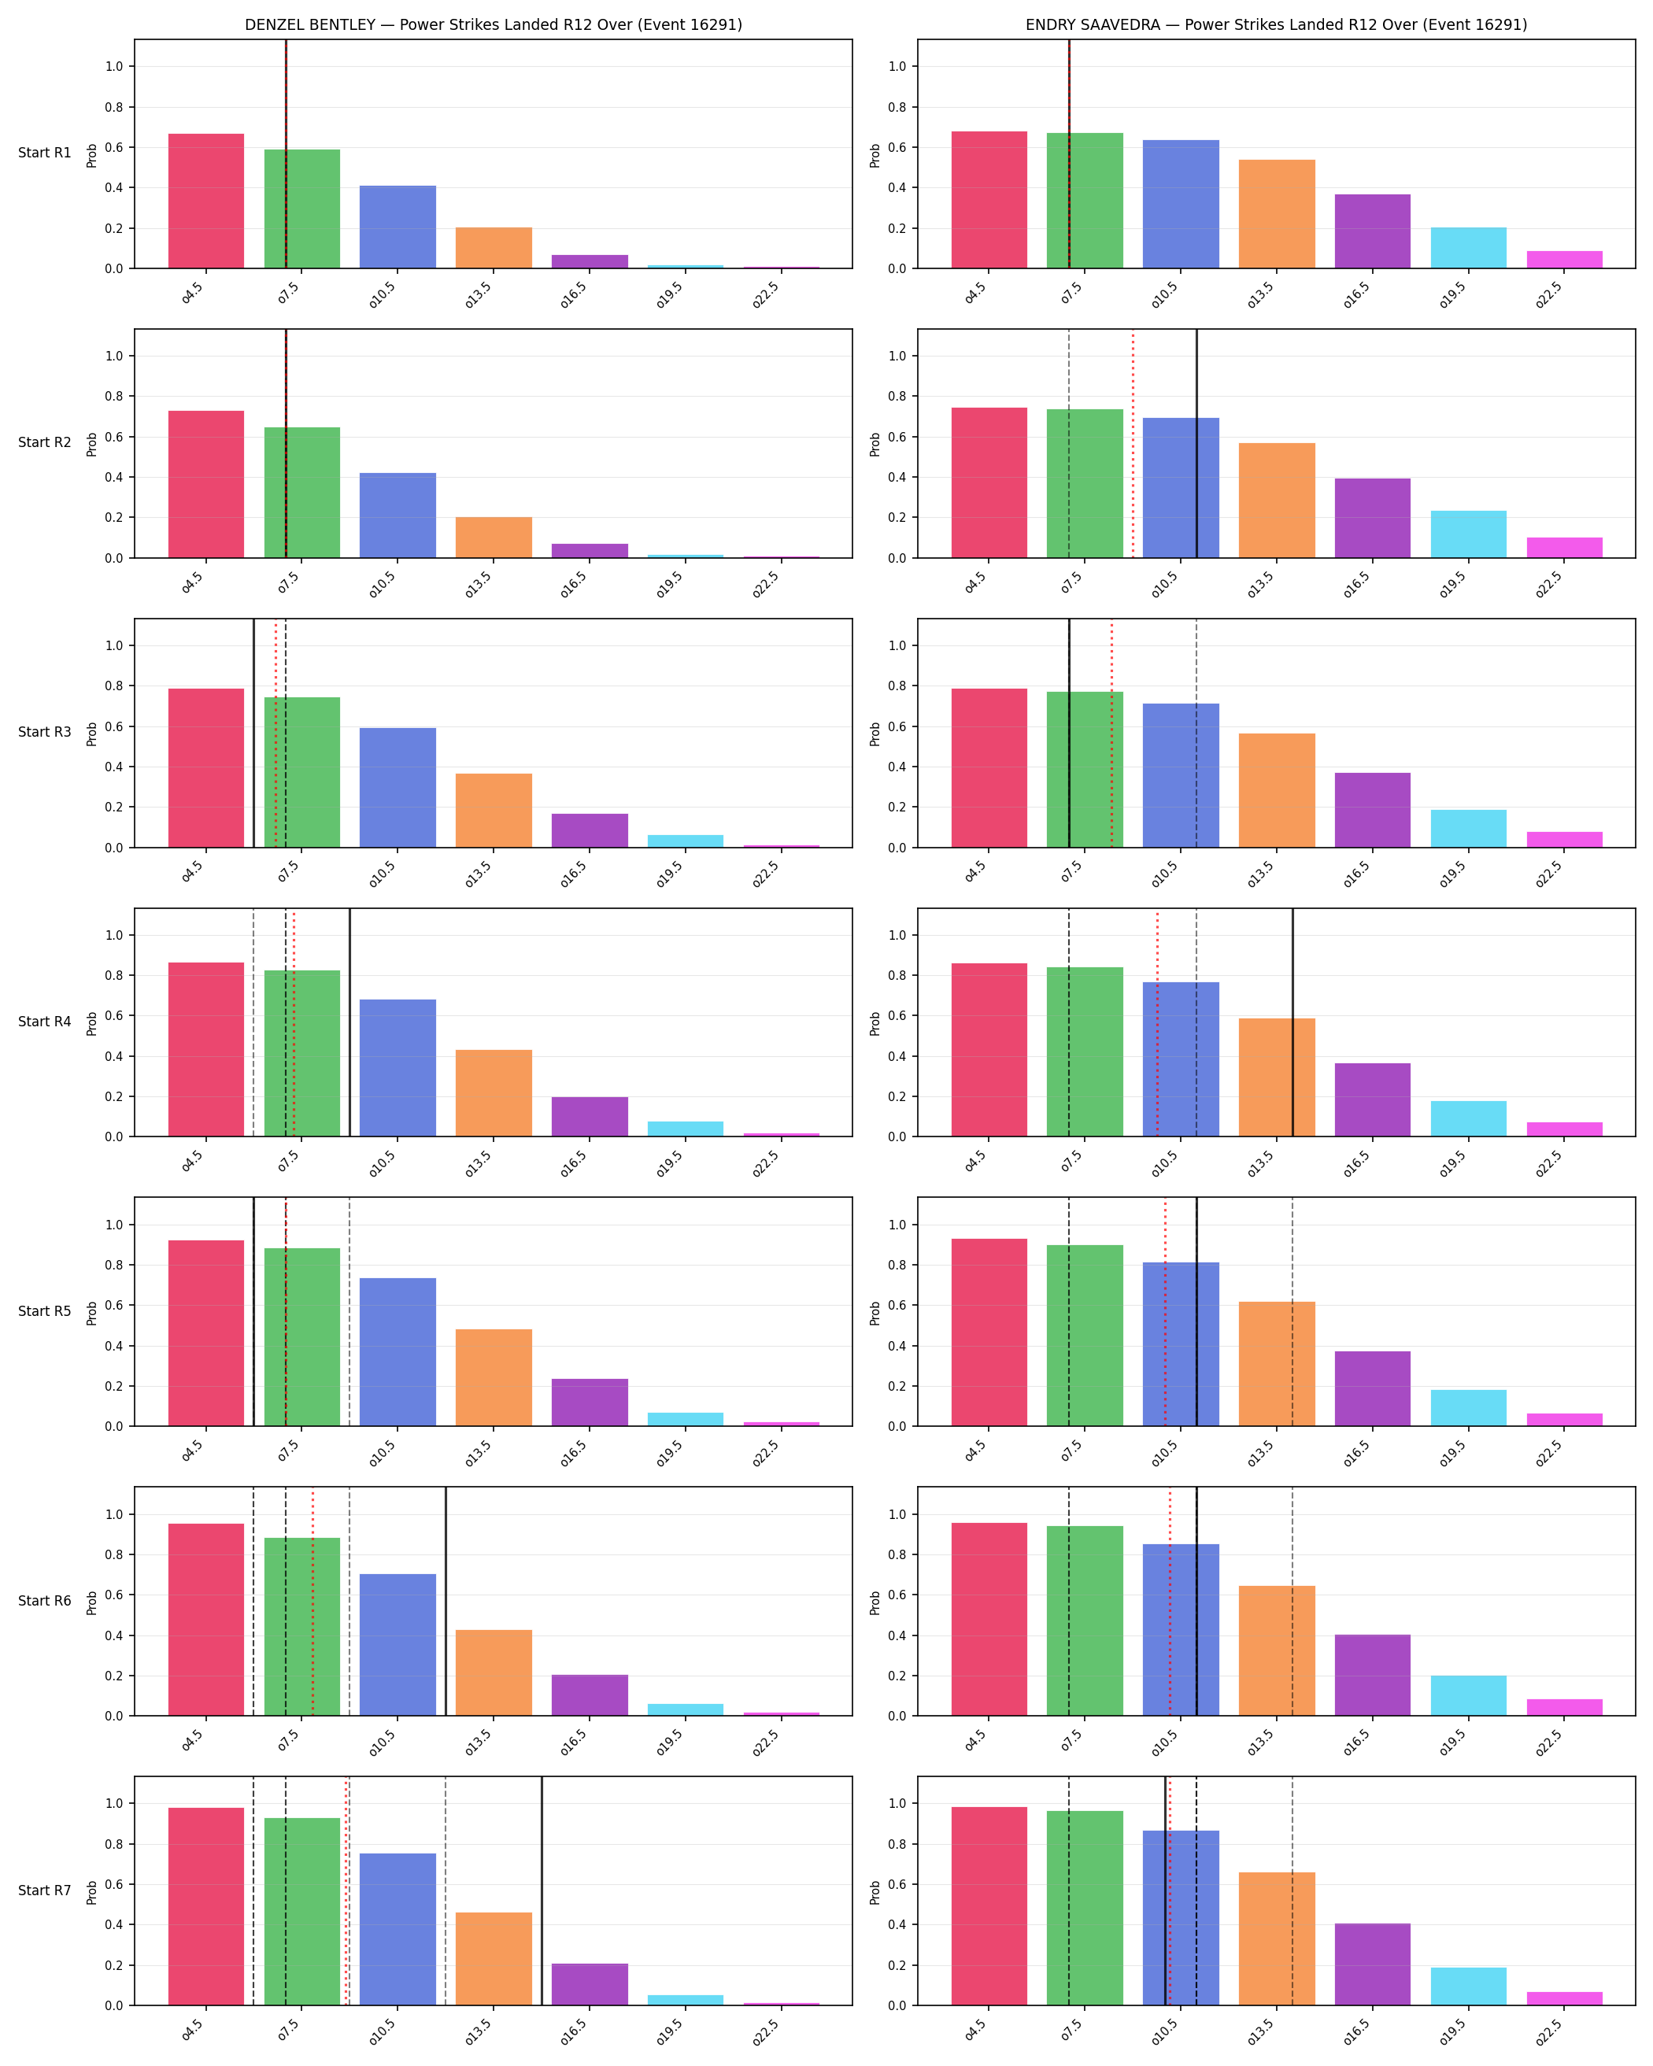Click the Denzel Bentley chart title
tap(494, 25)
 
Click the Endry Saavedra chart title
tap(1277, 25)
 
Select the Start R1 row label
tap(45, 153)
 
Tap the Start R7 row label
tap(45, 1890)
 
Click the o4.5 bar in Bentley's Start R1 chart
tap(206, 201)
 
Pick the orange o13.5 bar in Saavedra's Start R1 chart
tap(1277, 214)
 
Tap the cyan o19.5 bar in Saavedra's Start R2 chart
tap(1468, 534)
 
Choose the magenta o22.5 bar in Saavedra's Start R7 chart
tap(1564, 1998)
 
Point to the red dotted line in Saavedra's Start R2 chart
tap(1133, 444)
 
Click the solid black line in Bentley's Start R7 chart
tap(542, 1890)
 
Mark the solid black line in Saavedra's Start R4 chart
tap(1292, 1022)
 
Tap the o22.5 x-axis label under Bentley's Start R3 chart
tap(766, 873)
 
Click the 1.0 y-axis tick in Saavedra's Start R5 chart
tap(897, 1225)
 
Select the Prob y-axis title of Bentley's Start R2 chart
tap(92, 444)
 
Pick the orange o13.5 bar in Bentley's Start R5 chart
tap(494, 1377)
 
